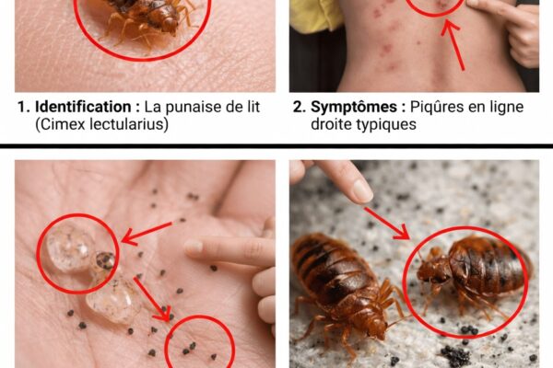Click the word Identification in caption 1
pos(83,107)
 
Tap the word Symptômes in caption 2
pos(354,107)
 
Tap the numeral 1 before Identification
pos(22,107)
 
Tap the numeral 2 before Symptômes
pos(299,107)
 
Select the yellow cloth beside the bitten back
pos(314,14)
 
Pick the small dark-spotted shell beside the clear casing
pos(105,261)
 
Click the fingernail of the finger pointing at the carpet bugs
pos(361,190)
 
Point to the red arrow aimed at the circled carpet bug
pos(387,224)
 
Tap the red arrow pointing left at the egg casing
pos(147,233)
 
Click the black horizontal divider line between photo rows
pos(276,145)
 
